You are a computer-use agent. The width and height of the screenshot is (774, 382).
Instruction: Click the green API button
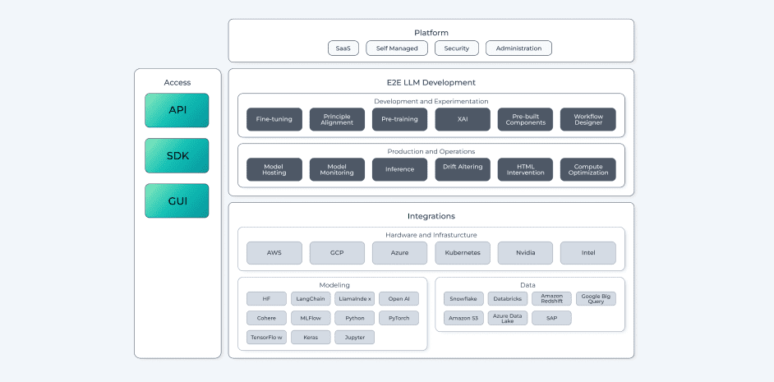point(177,110)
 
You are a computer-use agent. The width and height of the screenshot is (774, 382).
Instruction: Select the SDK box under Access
point(177,155)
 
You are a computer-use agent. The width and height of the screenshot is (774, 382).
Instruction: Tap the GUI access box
point(177,200)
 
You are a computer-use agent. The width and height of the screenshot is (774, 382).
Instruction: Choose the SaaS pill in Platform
point(343,48)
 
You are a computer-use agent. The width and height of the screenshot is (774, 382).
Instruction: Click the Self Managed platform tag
point(397,48)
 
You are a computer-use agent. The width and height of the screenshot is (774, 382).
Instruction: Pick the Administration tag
point(518,48)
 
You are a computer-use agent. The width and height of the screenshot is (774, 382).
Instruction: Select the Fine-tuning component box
point(274,119)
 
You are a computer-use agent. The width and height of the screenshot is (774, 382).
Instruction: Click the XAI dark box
point(463,119)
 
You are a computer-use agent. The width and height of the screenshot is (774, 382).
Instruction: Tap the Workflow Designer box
point(587,119)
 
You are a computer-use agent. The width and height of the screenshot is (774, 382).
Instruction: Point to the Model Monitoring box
point(337,169)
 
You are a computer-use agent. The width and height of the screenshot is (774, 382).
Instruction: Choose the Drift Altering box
point(463,169)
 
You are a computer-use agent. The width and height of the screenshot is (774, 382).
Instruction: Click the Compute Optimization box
point(587,169)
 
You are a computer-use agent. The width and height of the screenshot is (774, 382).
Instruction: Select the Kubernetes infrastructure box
point(463,253)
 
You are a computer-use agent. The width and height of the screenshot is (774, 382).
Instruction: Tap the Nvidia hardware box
point(525,253)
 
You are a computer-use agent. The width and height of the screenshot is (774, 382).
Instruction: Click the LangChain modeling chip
point(311,299)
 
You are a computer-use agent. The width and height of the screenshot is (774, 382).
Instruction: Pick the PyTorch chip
point(399,318)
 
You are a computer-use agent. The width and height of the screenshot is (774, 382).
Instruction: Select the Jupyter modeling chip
point(355,337)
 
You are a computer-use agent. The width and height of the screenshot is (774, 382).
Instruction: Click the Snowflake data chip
point(463,299)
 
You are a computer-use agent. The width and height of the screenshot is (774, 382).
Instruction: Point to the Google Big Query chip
point(596,299)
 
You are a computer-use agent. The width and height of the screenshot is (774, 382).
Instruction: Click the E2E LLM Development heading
point(431,82)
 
